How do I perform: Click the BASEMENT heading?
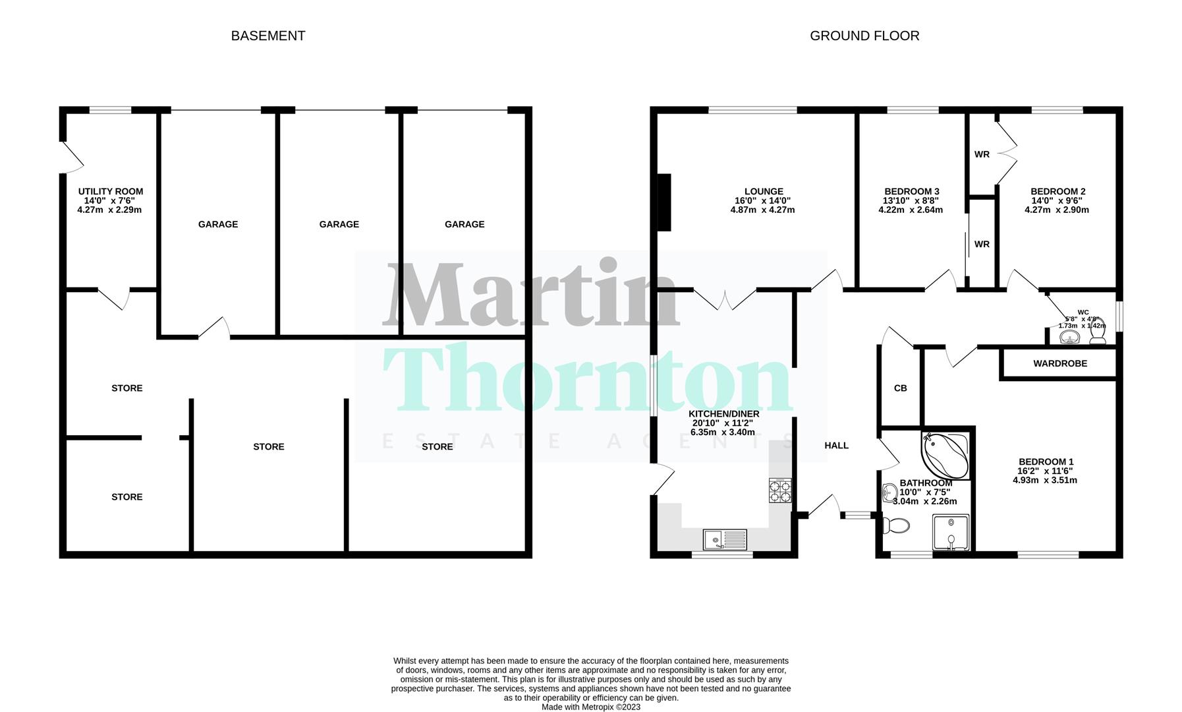click(267, 36)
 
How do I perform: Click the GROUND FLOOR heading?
click(864, 36)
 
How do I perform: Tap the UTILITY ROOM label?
click(110, 192)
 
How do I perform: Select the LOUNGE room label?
click(764, 192)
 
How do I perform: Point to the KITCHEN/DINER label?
click(723, 414)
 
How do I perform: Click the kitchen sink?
click(724, 539)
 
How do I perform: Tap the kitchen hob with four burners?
click(780, 490)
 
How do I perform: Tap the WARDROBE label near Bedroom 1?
click(1059, 363)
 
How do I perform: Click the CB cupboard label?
click(900, 388)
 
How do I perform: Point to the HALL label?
click(836, 446)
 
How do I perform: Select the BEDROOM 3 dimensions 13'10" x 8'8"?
click(911, 201)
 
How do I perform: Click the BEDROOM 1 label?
click(1046, 462)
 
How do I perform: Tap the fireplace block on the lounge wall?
click(664, 202)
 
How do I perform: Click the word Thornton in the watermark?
click(586, 379)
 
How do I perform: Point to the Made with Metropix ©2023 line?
click(590, 707)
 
